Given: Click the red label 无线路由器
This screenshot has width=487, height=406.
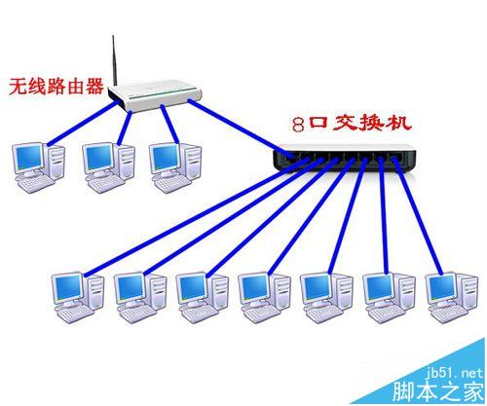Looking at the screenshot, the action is [x=56, y=87].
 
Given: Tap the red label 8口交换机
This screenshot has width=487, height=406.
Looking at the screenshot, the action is [x=352, y=124].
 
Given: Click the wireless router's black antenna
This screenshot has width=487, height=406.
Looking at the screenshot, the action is [x=114, y=60].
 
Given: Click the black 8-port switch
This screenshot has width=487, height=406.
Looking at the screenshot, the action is [x=344, y=158].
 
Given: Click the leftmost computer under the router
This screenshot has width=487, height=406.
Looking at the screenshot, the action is [x=38, y=167].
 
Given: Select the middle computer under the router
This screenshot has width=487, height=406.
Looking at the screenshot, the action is [x=108, y=167].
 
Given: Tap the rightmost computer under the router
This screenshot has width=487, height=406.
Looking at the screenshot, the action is [x=175, y=167].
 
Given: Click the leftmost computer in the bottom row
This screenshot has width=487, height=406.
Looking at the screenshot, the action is [x=78, y=297].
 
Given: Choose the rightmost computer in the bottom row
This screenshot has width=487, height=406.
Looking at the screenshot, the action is [x=452, y=297].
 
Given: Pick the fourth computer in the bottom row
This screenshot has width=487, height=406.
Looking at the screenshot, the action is [x=264, y=297].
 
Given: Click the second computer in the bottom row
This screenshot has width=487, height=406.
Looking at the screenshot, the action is [x=140, y=297].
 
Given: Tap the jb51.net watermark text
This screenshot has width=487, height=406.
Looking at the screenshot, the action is [x=454, y=373].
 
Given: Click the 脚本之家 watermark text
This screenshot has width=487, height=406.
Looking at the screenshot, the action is [x=438, y=391].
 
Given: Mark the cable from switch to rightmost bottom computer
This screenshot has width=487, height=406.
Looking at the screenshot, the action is [x=419, y=216].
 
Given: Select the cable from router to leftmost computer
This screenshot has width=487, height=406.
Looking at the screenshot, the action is [x=83, y=124].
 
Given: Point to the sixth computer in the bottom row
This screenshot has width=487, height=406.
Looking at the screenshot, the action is [x=389, y=297].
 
